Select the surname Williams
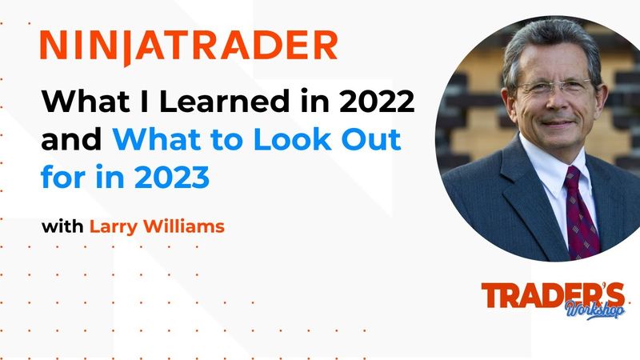185,226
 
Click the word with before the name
62,226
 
